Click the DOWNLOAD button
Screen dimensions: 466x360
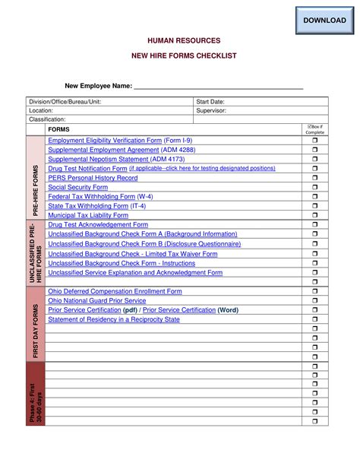324,20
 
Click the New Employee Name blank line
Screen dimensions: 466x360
219,87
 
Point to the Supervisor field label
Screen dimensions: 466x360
212,111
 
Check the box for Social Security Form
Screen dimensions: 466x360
315,187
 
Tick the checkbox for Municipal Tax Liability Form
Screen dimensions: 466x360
315,215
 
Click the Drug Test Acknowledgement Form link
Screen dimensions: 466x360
98,225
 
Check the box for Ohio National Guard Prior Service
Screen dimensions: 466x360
315,301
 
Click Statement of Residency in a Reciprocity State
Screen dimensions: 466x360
114,319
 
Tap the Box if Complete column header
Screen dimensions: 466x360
315,128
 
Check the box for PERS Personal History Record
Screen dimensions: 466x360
315,178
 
